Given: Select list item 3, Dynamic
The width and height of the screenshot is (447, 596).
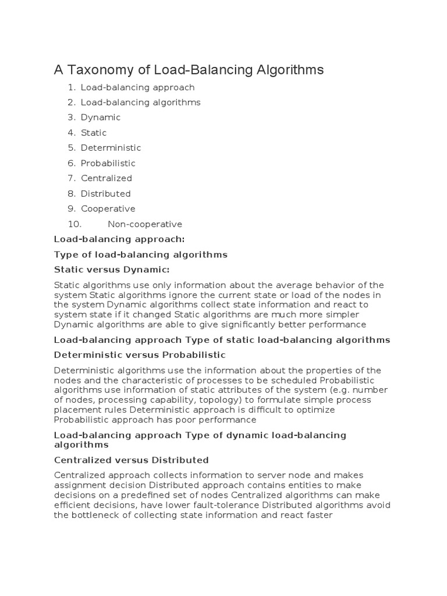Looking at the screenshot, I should [x=100, y=118].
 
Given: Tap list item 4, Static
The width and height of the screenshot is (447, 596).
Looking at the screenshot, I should [x=93, y=133].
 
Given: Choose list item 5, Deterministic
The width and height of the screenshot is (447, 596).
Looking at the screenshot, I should [x=111, y=148].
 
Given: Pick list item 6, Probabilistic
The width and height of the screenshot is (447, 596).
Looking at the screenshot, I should [x=108, y=163].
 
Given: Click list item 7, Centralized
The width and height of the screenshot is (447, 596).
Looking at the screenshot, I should [x=106, y=178].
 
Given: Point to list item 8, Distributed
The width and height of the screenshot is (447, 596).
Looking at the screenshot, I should [x=105, y=193].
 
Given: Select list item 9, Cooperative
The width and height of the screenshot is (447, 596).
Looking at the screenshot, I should [x=108, y=208].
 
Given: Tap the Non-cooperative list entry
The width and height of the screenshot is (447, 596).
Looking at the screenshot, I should [x=144, y=224].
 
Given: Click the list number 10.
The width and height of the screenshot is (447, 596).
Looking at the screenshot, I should [x=74, y=224].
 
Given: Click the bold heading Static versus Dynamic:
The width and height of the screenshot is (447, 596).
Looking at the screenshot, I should [x=112, y=270].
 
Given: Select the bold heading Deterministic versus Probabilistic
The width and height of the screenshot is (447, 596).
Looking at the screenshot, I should [x=140, y=355].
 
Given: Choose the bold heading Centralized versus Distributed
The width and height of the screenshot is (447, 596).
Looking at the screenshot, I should [x=131, y=460].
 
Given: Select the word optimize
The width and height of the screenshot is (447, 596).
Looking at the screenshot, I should [x=318, y=410].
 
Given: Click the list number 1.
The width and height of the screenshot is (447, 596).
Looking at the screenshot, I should [x=71, y=87].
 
